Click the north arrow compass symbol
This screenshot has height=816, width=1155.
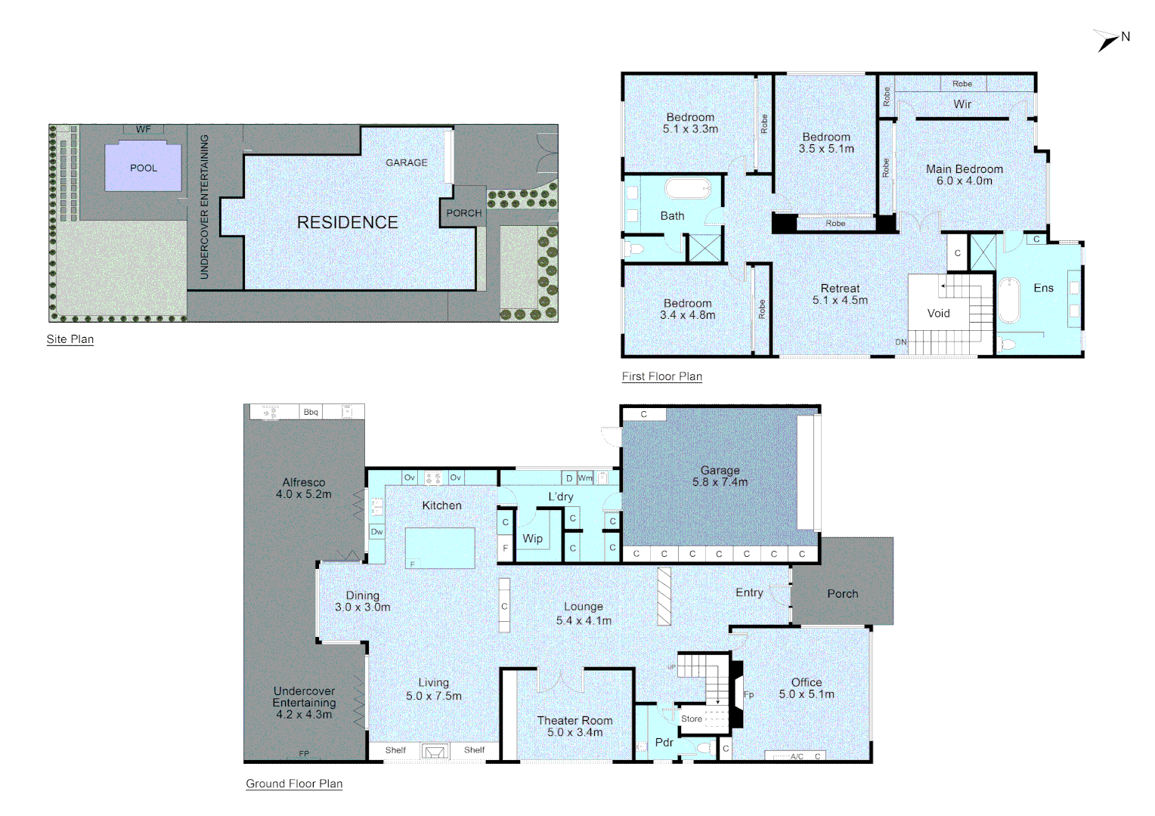(1108, 40)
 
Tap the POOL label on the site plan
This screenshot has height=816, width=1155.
(144, 168)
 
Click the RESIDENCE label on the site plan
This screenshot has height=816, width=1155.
(347, 222)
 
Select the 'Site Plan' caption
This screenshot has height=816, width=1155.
(70, 339)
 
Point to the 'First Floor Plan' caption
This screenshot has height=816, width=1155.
(661, 376)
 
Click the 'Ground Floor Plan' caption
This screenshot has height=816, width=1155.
(294, 784)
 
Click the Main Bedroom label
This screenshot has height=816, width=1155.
(965, 175)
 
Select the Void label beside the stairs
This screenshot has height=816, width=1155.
(938, 313)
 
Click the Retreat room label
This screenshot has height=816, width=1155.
(840, 294)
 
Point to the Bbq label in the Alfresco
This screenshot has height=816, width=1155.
(311, 412)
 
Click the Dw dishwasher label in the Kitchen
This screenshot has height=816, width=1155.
(376, 532)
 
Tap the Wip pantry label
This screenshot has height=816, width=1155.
(532, 539)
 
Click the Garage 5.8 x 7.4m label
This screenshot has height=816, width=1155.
(720, 476)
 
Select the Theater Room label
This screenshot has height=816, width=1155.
(574, 726)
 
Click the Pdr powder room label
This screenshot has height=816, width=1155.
(664, 743)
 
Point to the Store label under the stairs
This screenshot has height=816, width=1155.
(691, 719)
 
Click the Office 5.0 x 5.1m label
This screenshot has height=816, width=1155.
(807, 688)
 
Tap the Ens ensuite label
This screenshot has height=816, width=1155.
(1043, 288)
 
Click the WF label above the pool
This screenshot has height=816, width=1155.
(143, 129)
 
